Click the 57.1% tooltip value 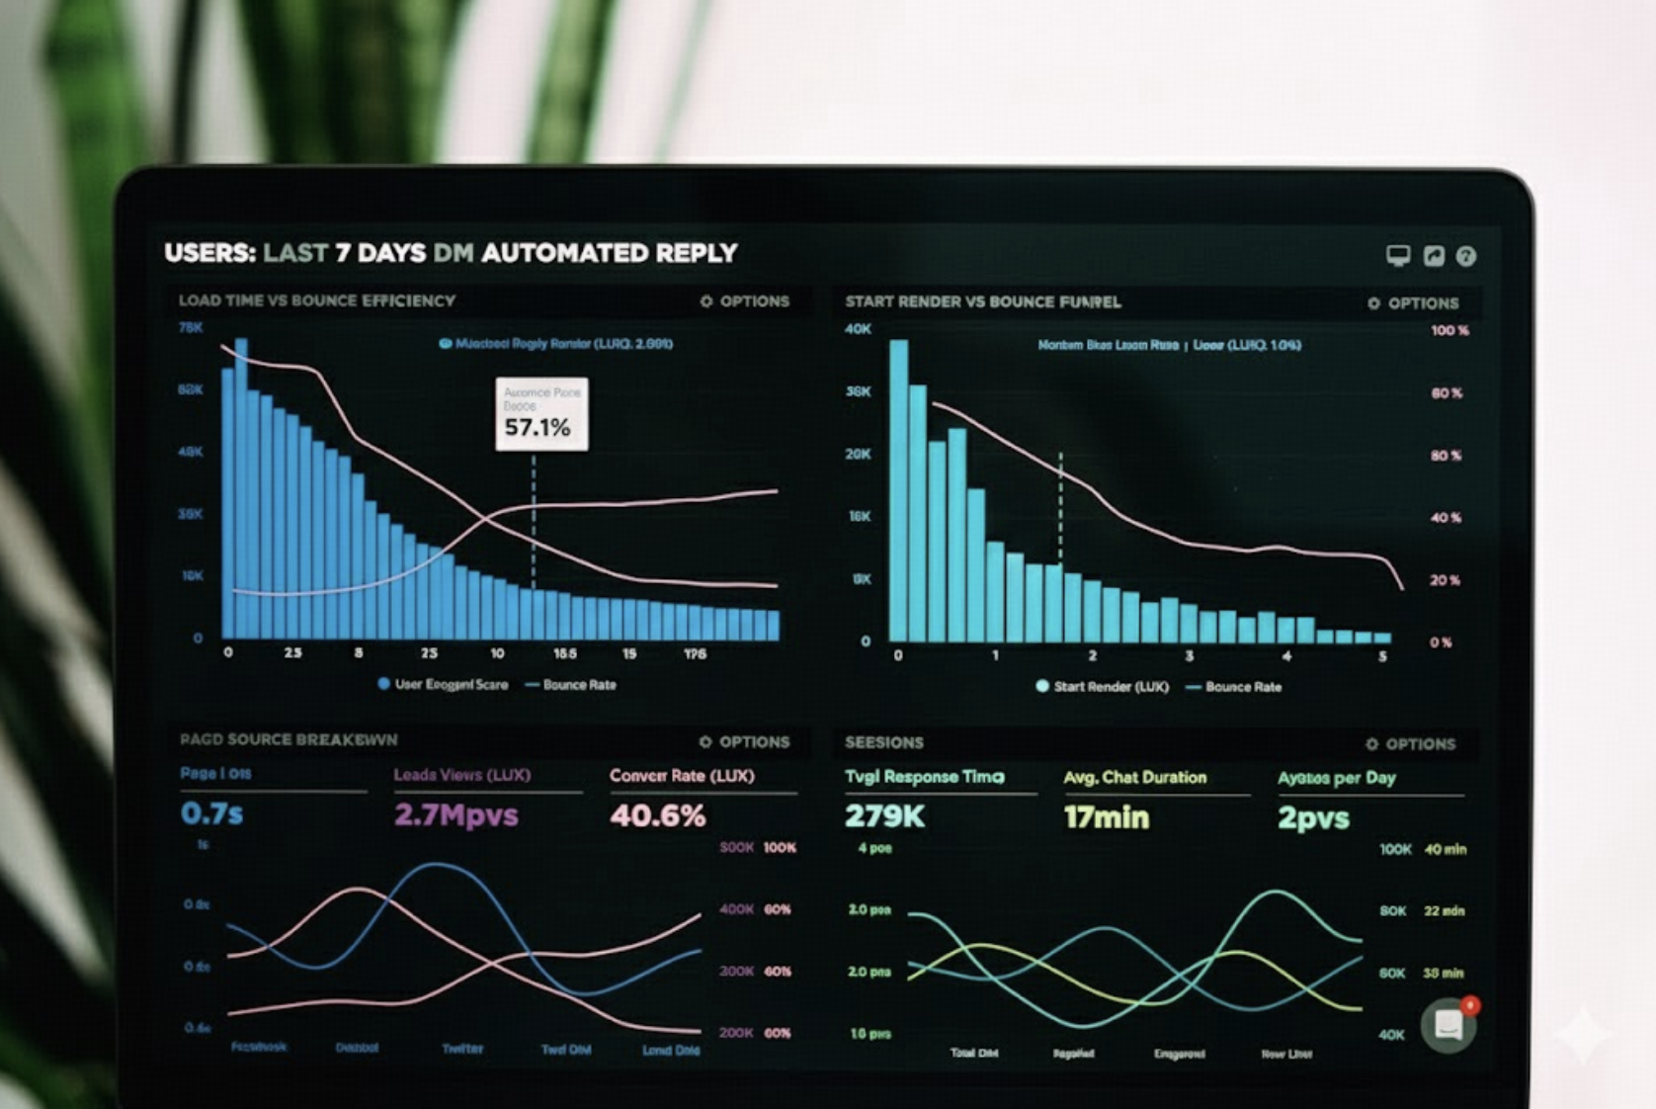(538, 428)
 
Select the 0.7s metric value (211, 813)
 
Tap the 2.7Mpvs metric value (455, 814)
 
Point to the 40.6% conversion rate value (657, 815)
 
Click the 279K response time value (884, 816)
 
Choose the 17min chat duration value (1106, 817)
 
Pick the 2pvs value (1312, 818)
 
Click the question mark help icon (1466, 256)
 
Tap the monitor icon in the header (1397, 256)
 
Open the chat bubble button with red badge (1449, 1025)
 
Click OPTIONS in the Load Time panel (745, 301)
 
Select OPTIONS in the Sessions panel (1411, 744)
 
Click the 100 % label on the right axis (1449, 330)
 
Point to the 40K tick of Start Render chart (858, 329)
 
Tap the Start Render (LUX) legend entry (1102, 687)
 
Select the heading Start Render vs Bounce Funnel (982, 302)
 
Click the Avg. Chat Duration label (1134, 778)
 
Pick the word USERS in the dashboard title (209, 253)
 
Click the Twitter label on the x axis (461, 1049)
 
